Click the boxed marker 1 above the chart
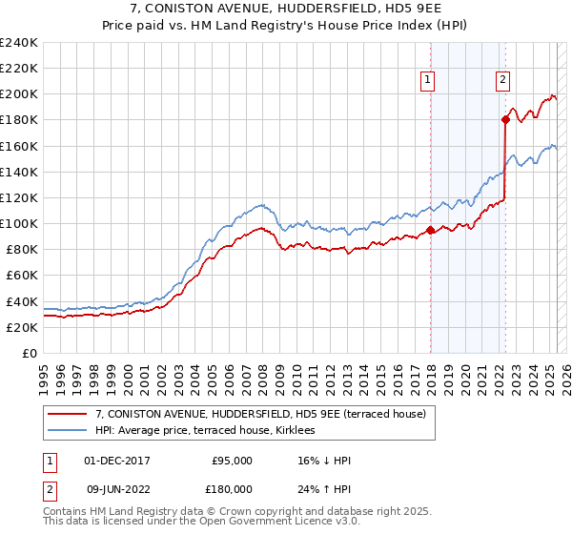(429, 81)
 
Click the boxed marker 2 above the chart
(502, 81)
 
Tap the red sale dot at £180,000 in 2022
(505, 119)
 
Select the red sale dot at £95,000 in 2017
(430, 229)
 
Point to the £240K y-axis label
(19, 43)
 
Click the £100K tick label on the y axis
(19, 223)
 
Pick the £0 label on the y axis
(29, 353)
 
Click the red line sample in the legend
(68, 414)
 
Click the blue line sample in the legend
(68, 431)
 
